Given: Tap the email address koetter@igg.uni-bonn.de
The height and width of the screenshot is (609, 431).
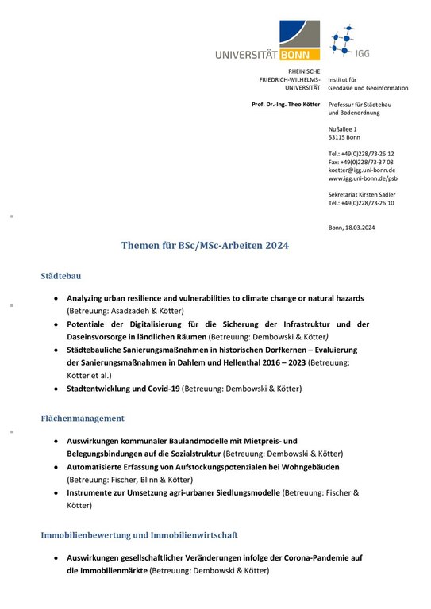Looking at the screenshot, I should coord(362,170).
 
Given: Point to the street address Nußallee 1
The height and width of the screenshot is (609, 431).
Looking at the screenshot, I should coord(343,128).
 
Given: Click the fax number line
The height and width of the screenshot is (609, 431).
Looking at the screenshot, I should coord(360,162).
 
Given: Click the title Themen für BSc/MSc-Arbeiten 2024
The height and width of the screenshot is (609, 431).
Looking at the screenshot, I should coord(204,246).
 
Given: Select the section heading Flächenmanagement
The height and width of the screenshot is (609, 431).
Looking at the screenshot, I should coord(83,417).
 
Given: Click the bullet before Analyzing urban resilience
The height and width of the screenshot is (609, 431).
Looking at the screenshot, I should coord(55,298).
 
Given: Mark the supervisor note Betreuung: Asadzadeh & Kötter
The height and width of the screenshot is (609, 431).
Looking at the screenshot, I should coord(125,310).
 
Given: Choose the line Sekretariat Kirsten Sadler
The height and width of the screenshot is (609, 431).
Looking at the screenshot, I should coord(362,194).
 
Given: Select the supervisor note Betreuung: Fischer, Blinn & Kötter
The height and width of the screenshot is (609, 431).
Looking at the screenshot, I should coord(129,480).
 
